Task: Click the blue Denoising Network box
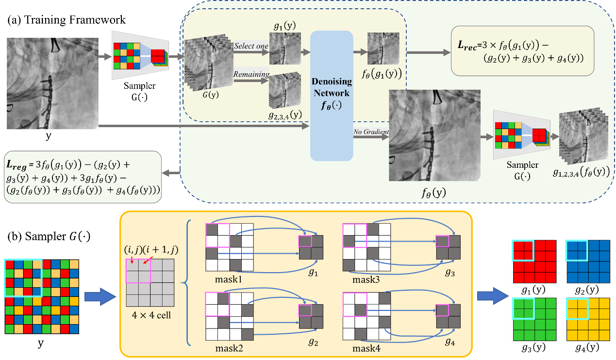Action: (x=332, y=96)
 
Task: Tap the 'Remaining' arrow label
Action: (x=251, y=75)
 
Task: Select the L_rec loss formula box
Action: (x=522, y=50)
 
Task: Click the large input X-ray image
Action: (x=52, y=83)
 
